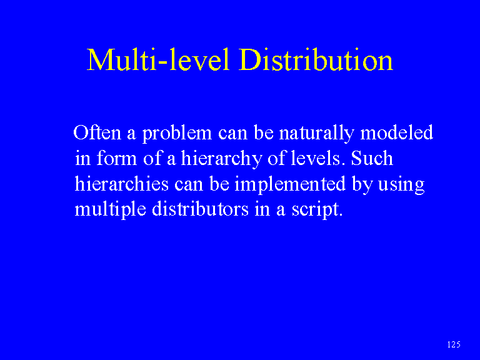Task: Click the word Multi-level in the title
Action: [x=158, y=59]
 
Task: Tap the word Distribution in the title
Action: [x=316, y=59]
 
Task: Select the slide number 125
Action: [x=454, y=344]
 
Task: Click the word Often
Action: [x=97, y=132]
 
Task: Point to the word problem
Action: [x=177, y=134]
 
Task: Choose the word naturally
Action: [x=316, y=134]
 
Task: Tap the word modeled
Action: [x=397, y=132]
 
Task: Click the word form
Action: [x=117, y=158]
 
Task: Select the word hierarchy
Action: [x=222, y=159]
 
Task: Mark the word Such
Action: [x=372, y=158]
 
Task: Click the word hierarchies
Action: [x=121, y=183]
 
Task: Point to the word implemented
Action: [x=290, y=185]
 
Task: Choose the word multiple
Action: [x=110, y=210]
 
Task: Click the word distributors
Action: [x=200, y=209]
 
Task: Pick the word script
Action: [x=317, y=210]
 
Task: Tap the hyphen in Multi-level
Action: [x=162, y=62]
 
